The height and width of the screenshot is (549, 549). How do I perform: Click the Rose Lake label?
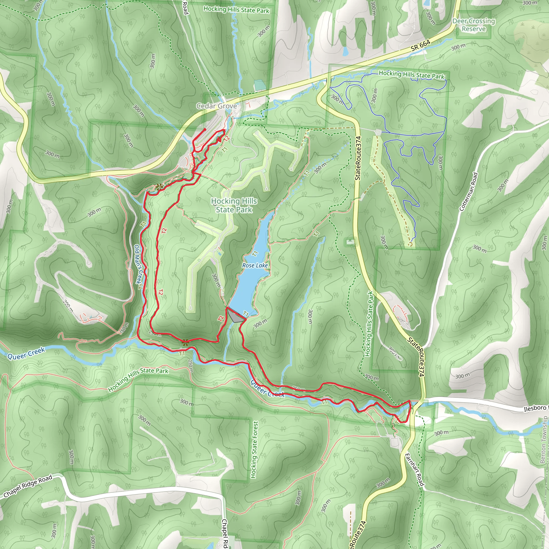255,265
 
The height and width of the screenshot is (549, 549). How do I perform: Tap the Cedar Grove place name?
217,106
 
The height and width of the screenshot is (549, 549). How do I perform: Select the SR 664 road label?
421,46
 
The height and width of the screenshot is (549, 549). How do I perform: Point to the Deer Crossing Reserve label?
474,25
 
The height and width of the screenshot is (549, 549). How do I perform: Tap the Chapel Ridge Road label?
28,486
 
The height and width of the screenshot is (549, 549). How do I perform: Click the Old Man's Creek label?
138,264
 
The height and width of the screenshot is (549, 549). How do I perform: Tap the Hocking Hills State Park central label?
234,205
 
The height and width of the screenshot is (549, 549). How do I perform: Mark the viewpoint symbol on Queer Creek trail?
185,342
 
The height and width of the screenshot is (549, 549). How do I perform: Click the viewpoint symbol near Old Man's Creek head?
159,187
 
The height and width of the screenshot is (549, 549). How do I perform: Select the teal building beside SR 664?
259,85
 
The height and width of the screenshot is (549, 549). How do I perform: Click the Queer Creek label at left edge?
26,354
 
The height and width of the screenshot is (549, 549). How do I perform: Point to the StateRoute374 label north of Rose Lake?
358,158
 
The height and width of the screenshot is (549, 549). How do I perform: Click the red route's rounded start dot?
205,129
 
